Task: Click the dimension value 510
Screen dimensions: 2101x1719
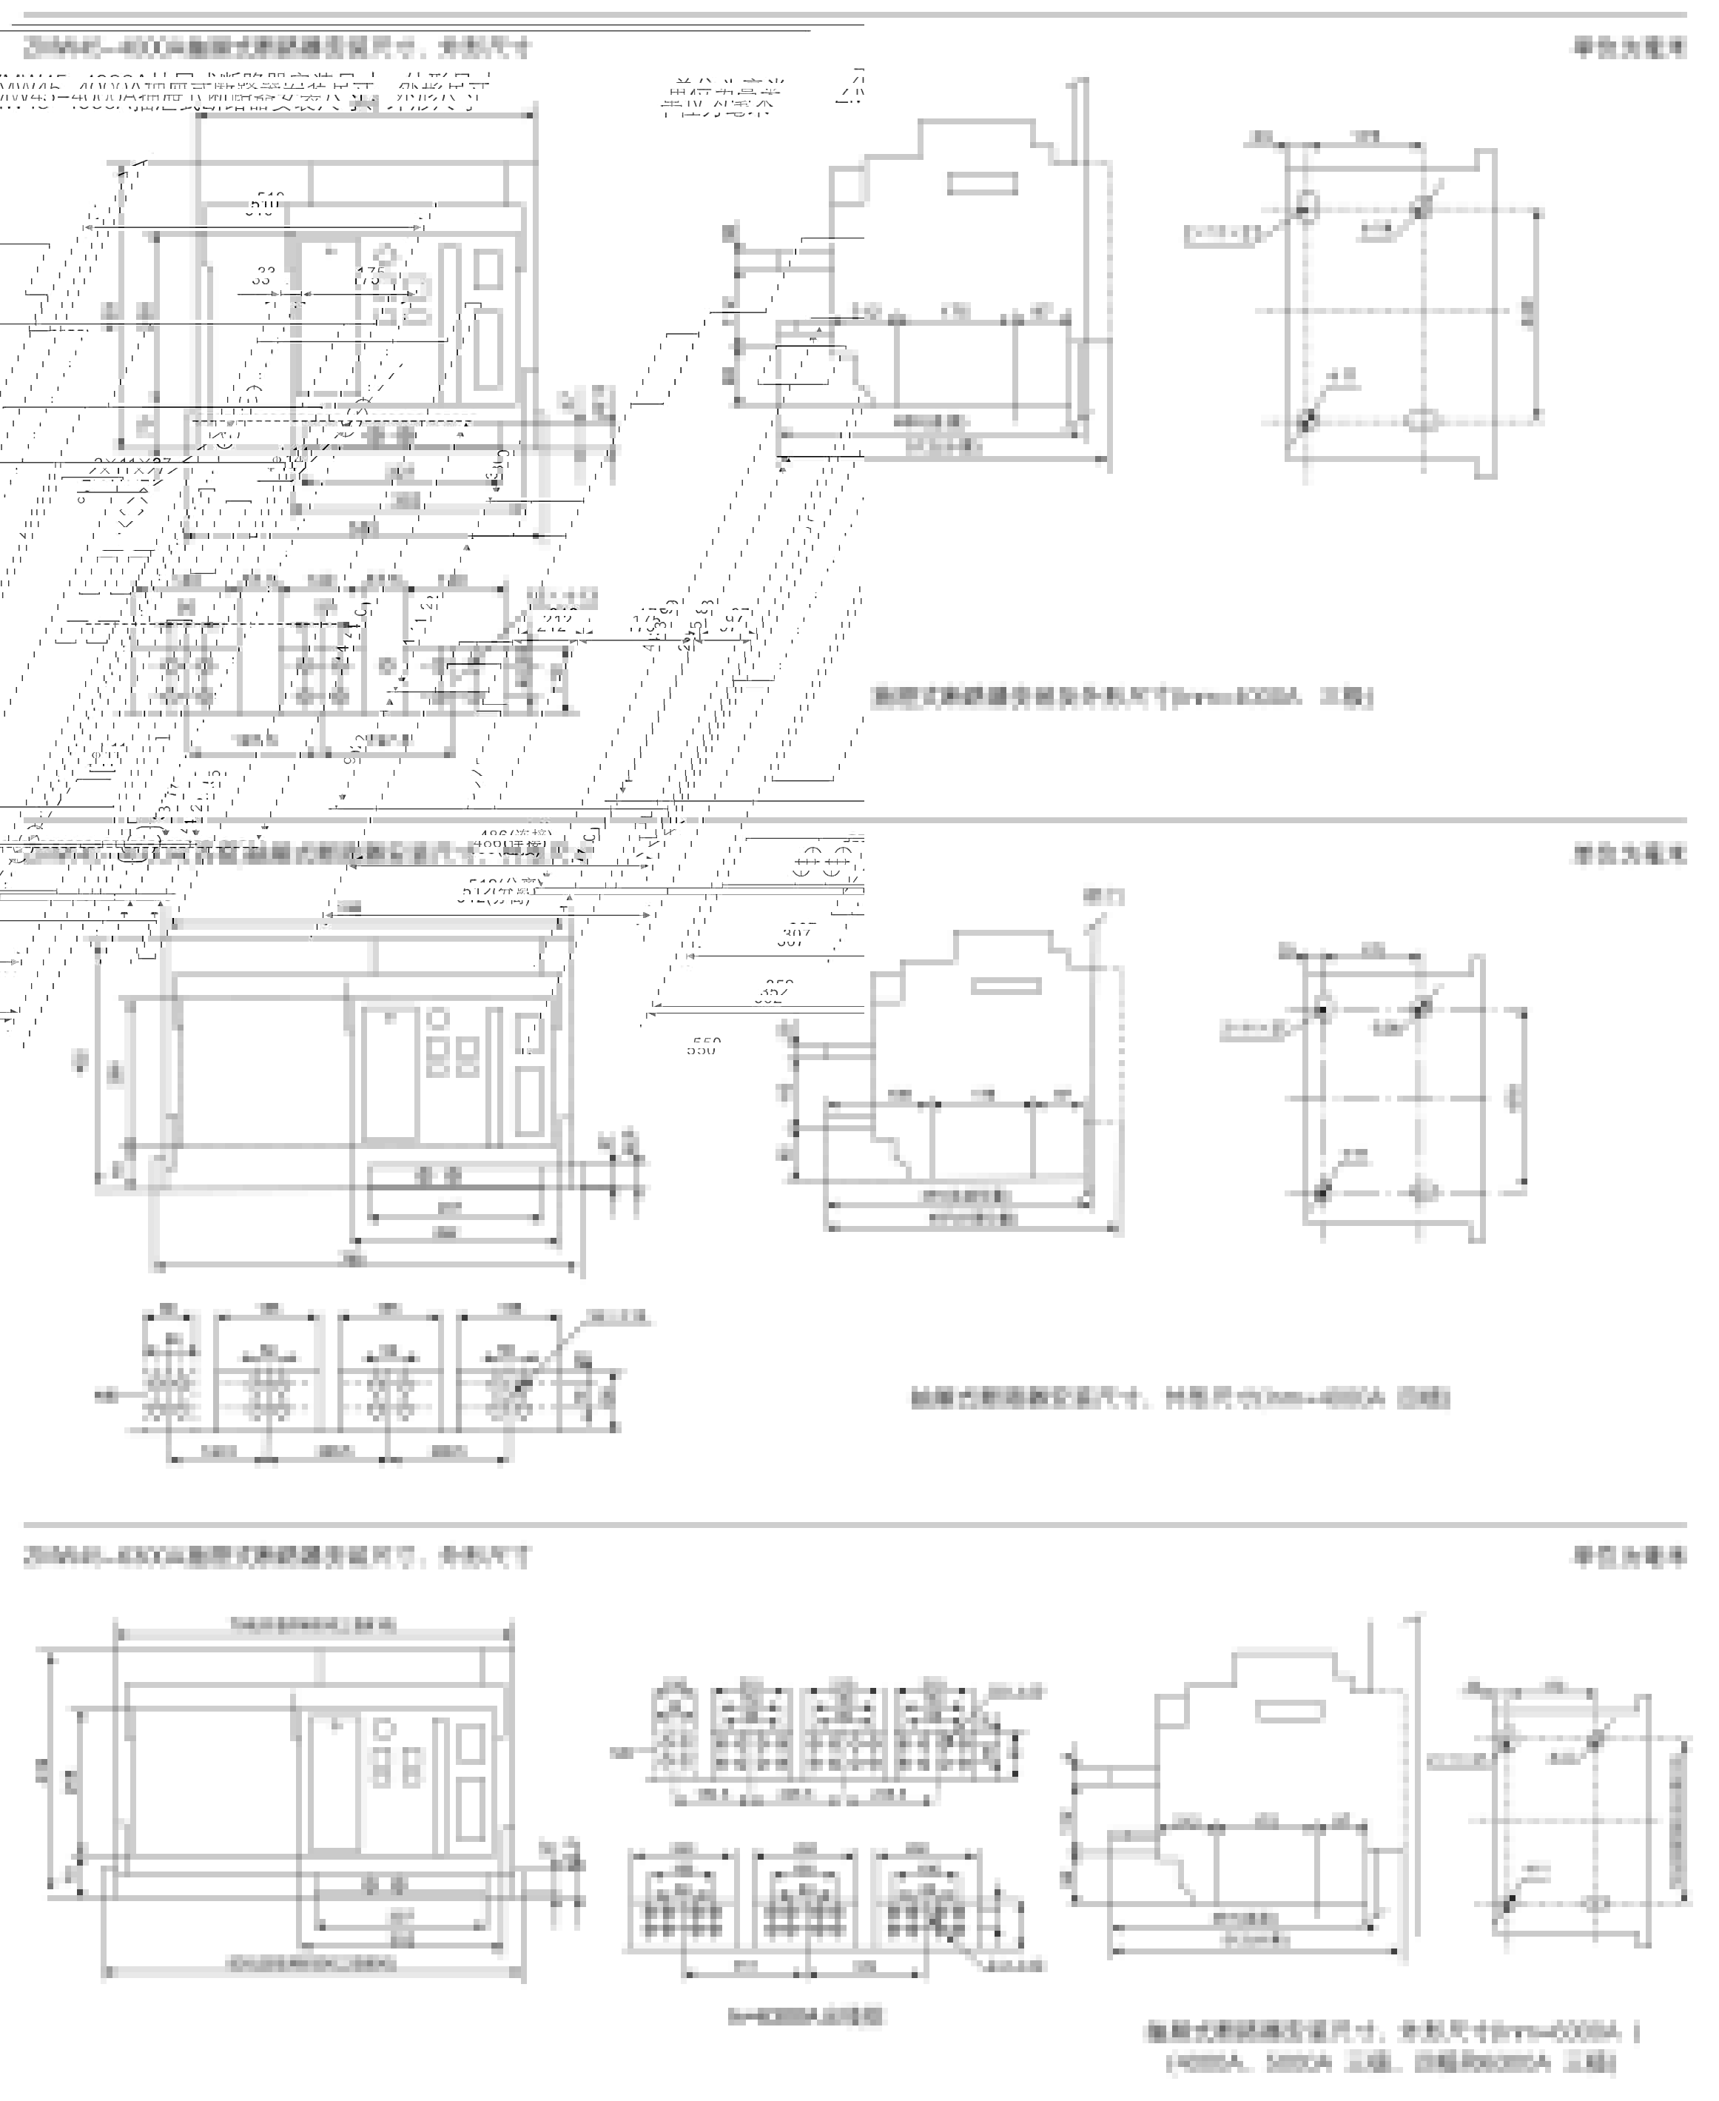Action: [x=263, y=205]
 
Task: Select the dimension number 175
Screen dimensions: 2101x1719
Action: [x=370, y=276]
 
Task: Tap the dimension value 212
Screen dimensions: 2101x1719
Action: [x=553, y=622]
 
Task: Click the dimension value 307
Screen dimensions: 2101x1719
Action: [x=797, y=934]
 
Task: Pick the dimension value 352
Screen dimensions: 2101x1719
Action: [x=773, y=991]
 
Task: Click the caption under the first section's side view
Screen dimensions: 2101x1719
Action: [x=1122, y=697]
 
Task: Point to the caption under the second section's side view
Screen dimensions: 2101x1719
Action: [x=1180, y=1398]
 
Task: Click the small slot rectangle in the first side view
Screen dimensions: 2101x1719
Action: [x=981, y=184]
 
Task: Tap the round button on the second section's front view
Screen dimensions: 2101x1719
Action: [x=437, y=1019]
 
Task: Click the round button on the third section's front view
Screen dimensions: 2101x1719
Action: [x=384, y=1729]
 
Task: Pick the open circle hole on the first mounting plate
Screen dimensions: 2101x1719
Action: [x=1306, y=205]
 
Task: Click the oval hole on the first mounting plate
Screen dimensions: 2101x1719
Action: [x=1422, y=420]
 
